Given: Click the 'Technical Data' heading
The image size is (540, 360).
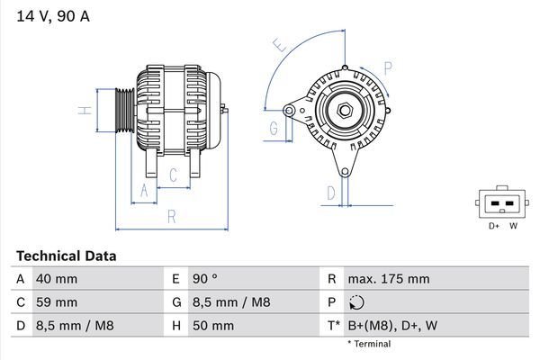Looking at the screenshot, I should [66, 256].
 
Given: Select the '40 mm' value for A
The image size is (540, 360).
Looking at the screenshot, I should [56, 279].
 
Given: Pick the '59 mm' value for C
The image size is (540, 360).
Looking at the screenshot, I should [56, 302].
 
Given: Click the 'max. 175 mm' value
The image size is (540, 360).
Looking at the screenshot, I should [388, 279].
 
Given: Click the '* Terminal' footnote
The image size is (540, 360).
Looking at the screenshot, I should [369, 344].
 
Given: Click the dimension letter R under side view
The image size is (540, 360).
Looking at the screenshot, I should [171, 216].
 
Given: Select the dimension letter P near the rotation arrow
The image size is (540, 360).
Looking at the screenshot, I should [387, 67].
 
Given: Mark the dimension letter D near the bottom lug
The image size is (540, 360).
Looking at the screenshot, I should [331, 192].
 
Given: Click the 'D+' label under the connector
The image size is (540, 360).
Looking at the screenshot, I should [494, 226].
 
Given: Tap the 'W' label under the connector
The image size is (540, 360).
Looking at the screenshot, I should [513, 226].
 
